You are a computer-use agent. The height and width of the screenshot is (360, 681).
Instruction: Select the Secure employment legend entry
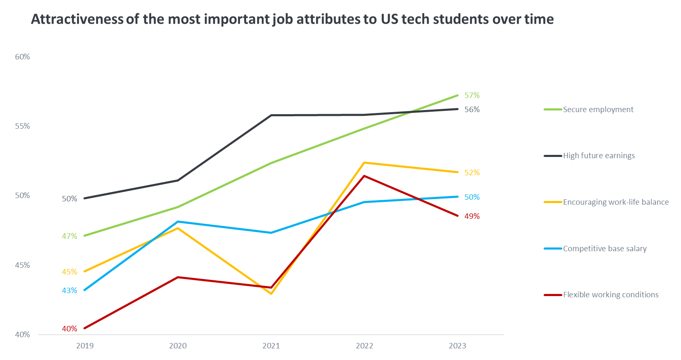(x=598, y=110)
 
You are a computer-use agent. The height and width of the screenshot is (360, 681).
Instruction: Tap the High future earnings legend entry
(x=598, y=156)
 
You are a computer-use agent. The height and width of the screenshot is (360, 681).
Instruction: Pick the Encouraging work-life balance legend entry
(x=615, y=202)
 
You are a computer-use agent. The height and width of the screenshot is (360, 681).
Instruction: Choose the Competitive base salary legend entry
(x=604, y=249)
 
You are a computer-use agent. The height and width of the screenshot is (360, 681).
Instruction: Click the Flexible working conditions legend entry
(x=610, y=295)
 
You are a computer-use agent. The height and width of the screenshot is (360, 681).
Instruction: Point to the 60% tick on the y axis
(x=22, y=57)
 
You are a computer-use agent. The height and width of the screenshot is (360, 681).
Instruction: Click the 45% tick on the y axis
(x=22, y=265)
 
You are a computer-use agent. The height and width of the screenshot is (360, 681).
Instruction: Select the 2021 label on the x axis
(x=271, y=346)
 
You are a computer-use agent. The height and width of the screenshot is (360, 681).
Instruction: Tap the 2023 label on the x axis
(x=457, y=346)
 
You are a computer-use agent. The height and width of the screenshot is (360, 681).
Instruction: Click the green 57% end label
(x=472, y=96)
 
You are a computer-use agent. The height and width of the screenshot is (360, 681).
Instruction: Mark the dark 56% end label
(x=472, y=110)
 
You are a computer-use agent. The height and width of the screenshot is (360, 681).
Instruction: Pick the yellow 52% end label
(x=472, y=173)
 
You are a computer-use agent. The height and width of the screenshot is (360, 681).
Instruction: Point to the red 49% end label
(x=472, y=216)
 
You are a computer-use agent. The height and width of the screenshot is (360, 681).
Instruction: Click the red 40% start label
(x=69, y=329)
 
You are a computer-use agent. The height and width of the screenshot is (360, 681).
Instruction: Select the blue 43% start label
(x=69, y=291)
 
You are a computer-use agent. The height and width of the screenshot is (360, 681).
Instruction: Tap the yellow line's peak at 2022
(x=364, y=163)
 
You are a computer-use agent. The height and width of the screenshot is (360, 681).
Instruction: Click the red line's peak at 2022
(x=364, y=176)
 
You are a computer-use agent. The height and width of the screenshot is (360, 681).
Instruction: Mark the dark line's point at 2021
(x=271, y=115)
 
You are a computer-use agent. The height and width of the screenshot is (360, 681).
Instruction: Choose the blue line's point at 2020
(x=178, y=222)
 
